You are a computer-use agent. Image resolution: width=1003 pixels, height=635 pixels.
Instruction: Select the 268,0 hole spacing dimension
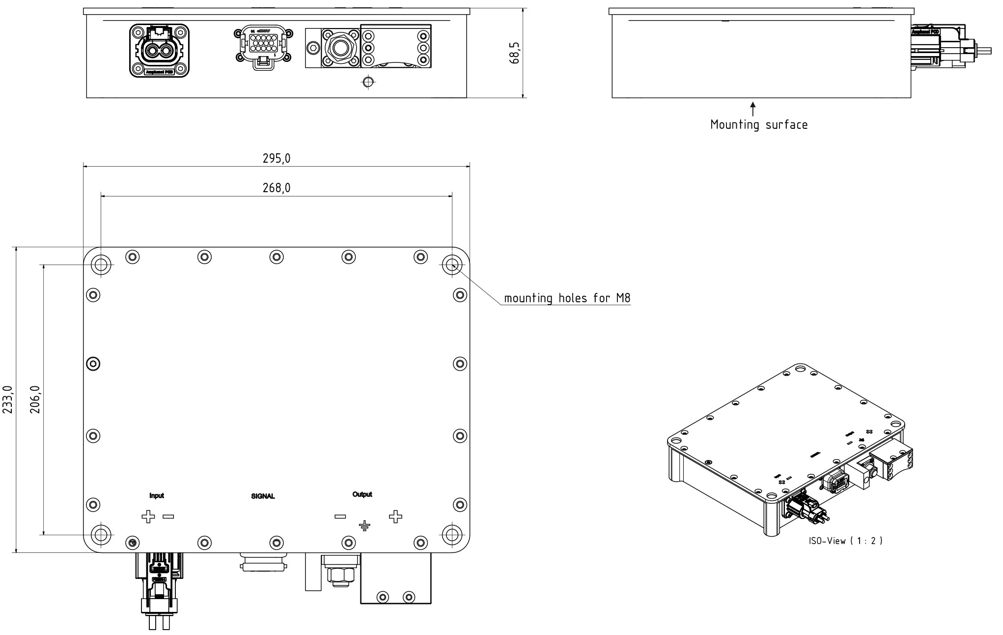(x=276, y=188)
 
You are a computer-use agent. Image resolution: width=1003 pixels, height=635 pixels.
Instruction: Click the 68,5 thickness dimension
(x=514, y=53)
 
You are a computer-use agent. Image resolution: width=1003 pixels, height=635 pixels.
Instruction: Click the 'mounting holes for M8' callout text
(x=567, y=298)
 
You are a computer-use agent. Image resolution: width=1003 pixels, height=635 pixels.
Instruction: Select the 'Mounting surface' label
(x=758, y=125)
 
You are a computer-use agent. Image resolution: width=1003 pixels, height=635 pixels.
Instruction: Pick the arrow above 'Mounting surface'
(x=752, y=109)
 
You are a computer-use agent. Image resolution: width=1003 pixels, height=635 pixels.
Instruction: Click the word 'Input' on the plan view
(x=157, y=495)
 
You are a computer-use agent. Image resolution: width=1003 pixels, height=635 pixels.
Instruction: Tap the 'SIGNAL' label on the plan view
(x=263, y=496)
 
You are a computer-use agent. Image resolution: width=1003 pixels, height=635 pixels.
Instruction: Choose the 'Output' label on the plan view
(x=362, y=494)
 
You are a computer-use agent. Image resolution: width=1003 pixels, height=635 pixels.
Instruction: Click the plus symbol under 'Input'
(x=148, y=517)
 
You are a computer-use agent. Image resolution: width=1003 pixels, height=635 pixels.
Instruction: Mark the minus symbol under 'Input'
(x=168, y=517)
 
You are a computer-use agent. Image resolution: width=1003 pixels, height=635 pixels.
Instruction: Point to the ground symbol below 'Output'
(x=364, y=526)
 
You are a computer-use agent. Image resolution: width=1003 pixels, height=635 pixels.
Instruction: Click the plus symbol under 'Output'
(x=395, y=516)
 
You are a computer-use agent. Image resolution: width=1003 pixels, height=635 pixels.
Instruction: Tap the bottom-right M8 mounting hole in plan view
(x=451, y=534)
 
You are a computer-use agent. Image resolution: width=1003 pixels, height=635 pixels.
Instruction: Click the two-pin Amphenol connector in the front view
(x=159, y=51)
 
